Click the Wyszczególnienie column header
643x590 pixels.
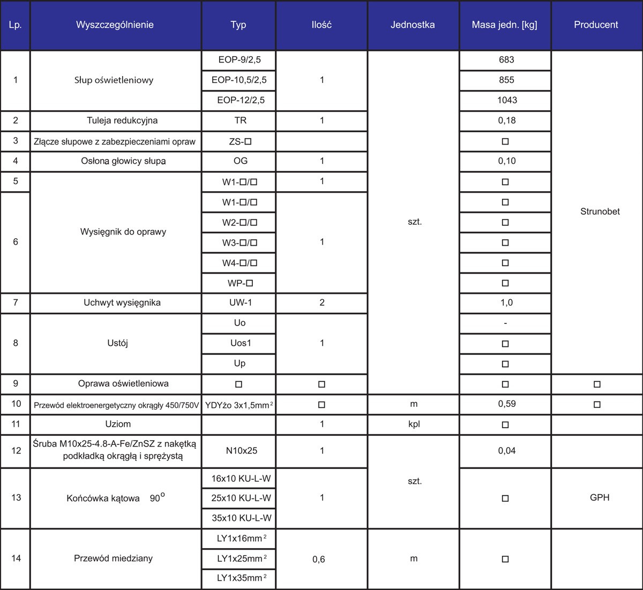click(x=115, y=25)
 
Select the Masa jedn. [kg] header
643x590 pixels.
click(x=504, y=25)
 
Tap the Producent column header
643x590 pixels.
click(x=596, y=25)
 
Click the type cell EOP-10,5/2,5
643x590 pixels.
click(x=239, y=80)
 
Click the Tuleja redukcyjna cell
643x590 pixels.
click(x=122, y=120)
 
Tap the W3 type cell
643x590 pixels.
click(x=240, y=243)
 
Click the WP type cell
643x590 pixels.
click(x=240, y=283)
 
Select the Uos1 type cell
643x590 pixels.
click(x=240, y=343)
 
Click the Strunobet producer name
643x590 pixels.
click(x=600, y=211)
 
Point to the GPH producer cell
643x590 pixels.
click(x=599, y=497)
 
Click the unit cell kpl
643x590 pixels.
click(x=413, y=424)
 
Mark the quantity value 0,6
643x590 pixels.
click(x=318, y=559)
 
